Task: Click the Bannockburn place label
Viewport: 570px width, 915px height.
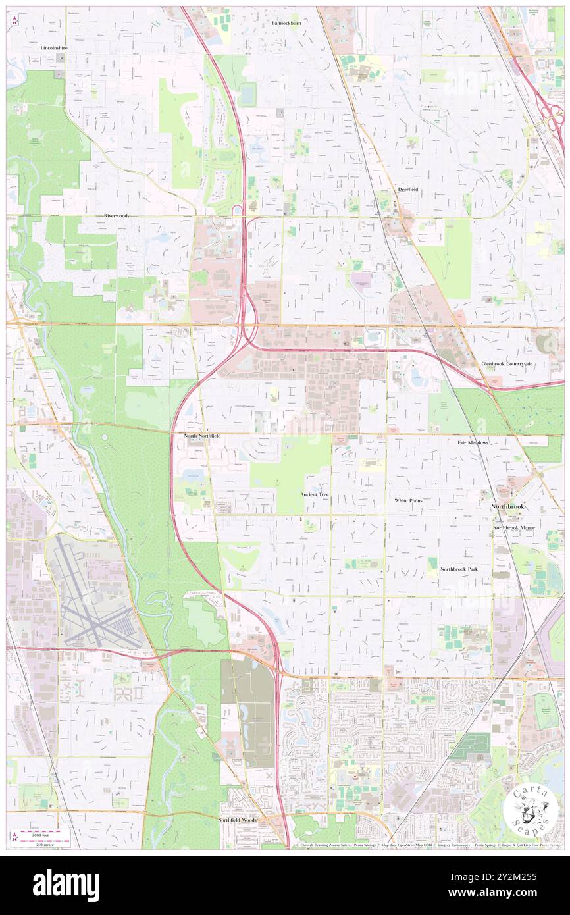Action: pyautogui.click(x=286, y=23)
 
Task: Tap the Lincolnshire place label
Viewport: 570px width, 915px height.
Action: pyautogui.click(x=54, y=48)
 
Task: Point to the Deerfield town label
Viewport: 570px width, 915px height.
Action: pyautogui.click(x=408, y=189)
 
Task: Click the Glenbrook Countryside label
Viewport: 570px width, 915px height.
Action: pyautogui.click(x=506, y=363)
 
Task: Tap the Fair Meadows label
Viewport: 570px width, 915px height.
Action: pyautogui.click(x=473, y=443)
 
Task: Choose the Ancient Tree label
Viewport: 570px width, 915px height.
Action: pyautogui.click(x=314, y=494)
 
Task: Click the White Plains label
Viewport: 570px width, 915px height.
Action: pyautogui.click(x=408, y=500)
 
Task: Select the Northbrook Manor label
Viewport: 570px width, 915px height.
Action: pyautogui.click(x=514, y=528)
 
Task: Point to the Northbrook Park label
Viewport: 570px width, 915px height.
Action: pyautogui.click(x=459, y=569)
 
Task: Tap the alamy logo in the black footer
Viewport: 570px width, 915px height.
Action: pyautogui.click(x=66, y=885)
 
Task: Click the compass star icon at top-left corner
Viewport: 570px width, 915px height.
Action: pyautogui.click(x=14, y=21)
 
